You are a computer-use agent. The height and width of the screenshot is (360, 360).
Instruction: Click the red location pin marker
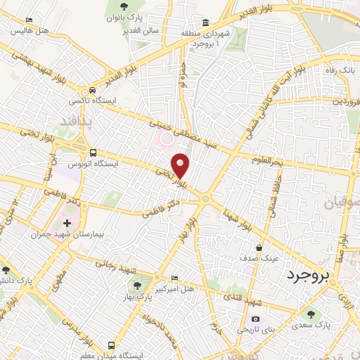[181, 165]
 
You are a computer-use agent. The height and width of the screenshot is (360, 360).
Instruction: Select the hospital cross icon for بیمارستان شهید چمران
[67, 224]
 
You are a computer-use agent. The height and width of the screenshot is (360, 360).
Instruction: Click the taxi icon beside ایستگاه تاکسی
[92, 91]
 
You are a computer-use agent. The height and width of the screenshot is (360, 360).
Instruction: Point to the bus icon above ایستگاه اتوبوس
[93, 153]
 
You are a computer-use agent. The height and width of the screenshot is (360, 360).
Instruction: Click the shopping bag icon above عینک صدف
[259, 247]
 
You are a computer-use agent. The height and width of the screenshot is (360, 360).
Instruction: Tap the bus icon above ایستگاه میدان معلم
[112, 345]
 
